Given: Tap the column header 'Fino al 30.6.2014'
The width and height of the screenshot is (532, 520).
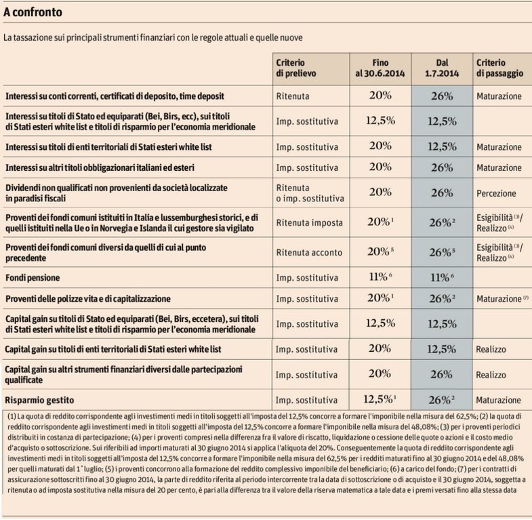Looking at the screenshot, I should coord(380,67).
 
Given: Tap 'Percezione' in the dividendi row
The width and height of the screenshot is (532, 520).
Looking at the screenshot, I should coord(496,193).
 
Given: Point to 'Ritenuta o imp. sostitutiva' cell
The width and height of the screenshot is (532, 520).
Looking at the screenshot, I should coord(310,193).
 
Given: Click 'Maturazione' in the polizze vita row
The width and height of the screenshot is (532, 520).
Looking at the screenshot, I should coord(497,298).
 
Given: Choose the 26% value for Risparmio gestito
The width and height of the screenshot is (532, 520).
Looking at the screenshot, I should coord(443,399).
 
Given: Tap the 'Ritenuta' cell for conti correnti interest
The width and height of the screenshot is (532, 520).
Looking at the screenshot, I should coord(293,96).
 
